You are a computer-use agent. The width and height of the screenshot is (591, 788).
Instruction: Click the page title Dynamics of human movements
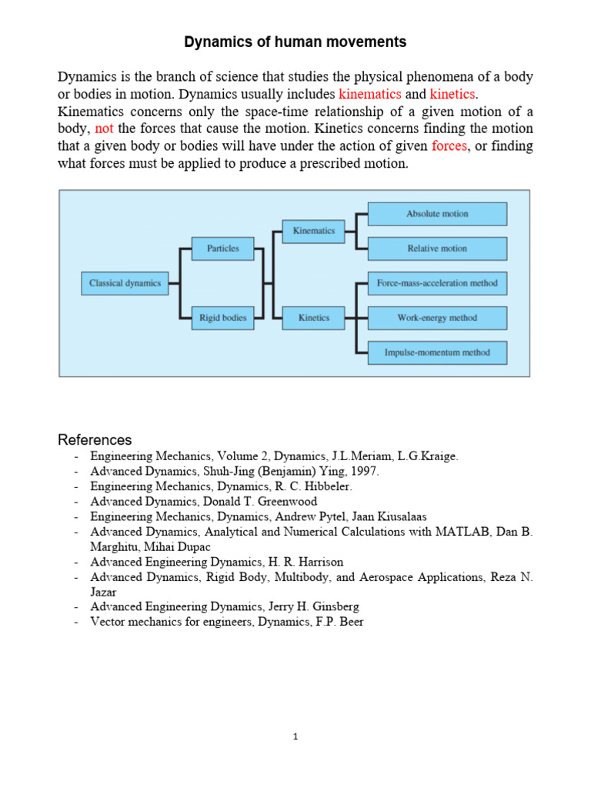coord(295,42)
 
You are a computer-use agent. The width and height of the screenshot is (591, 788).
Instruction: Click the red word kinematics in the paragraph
coord(369,94)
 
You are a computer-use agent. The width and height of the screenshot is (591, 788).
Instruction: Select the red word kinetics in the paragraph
coord(452,94)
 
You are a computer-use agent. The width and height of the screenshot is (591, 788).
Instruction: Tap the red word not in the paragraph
coord(104,129)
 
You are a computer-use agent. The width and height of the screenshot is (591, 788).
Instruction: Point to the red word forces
coord(449,146)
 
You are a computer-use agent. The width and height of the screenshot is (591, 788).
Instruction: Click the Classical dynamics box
coord(125,283)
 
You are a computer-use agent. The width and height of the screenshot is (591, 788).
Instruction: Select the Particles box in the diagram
coord(222,249)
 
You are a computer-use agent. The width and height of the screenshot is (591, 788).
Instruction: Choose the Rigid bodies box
coord(222,318)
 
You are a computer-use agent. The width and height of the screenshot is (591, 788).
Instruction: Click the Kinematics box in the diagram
coord(313,231)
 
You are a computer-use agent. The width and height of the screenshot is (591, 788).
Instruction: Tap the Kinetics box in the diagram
coord(313,318)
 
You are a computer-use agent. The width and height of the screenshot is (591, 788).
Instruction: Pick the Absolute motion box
coord(437,214)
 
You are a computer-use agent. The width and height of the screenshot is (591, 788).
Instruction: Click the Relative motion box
coord(437,249)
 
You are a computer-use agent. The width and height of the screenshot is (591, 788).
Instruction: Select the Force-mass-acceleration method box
coord(437,283)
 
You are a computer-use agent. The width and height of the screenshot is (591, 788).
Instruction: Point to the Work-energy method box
coord(437,318)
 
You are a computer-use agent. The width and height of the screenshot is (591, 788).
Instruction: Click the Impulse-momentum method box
coord(437,352)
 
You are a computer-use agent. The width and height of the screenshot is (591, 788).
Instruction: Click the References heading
coord(95,440)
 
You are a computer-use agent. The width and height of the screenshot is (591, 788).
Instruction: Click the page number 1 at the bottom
coord(295,736)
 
